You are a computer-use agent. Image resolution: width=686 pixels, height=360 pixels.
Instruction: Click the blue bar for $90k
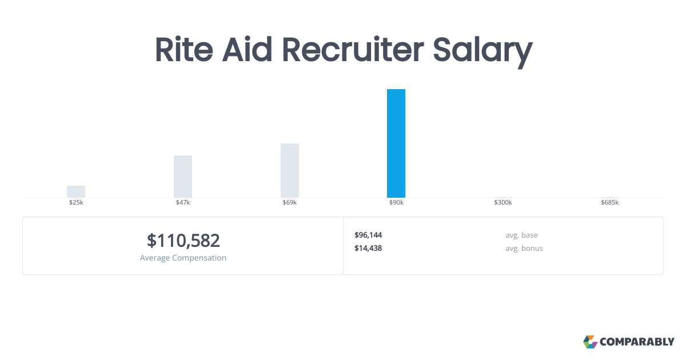click(396, 143)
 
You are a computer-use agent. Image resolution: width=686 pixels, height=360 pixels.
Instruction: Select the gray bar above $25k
click(76, 192)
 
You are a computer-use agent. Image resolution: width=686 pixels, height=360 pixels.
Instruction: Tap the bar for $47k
click(183, 177)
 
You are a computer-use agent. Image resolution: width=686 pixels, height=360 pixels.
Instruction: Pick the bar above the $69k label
click(290, 170)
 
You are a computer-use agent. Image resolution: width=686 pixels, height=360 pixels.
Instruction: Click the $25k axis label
click(76, 203)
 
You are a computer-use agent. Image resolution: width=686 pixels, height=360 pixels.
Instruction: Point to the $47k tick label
click(183, 203)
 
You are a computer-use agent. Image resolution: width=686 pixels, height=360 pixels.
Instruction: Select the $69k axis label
click(290, 203)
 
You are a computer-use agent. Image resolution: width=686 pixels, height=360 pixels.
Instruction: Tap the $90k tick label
click(396, 203)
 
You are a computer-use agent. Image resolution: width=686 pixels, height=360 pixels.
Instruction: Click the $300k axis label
click(503, 203)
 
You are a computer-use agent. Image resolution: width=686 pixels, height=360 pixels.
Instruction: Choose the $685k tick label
click(609, 203)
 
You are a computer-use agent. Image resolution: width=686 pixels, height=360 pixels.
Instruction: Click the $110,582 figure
click(183, 241)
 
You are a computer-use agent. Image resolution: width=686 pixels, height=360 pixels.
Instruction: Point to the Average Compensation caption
click(183, 258)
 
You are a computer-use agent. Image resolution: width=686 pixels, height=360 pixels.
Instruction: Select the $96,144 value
click(368, 235)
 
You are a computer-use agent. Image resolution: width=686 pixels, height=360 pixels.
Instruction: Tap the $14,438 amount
click(368, 248)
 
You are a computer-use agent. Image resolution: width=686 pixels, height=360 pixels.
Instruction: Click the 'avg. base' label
click(521, 235)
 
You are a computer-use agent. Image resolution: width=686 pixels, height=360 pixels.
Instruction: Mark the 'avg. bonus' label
click(524, 248)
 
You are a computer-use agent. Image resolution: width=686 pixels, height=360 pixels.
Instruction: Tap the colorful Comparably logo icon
click(590, 342)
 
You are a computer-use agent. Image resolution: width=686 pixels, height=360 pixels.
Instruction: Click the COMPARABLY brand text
click(637, 342)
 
